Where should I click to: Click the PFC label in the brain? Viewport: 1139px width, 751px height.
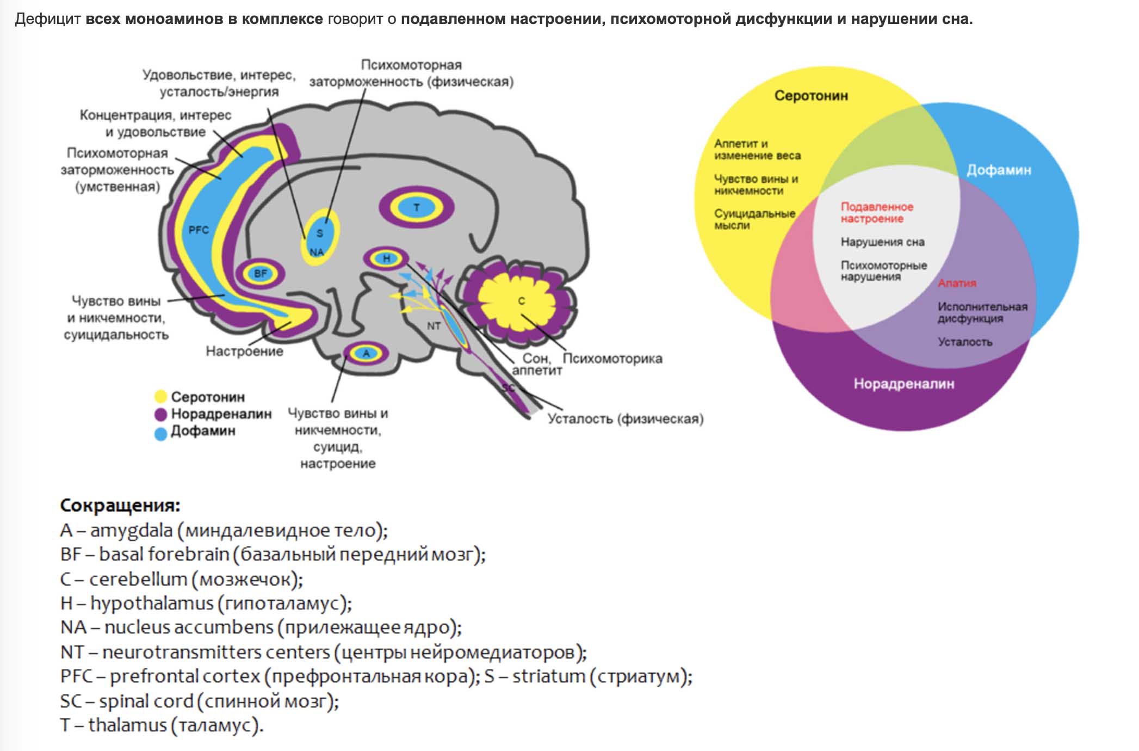coord(199,230)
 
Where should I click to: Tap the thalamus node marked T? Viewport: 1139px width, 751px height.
coord(417,207)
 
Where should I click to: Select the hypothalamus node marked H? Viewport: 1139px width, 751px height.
coord(387,258)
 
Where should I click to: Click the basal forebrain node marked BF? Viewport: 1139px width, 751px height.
coord(261,273)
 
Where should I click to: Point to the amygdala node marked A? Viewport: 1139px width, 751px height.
coord(366,354)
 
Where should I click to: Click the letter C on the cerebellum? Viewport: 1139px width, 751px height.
coord(522,301)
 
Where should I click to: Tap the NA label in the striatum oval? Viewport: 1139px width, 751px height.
coord(317,253)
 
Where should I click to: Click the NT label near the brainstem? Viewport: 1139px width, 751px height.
coord(434,326)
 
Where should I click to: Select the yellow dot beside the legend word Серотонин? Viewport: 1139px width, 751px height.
coord(160,397)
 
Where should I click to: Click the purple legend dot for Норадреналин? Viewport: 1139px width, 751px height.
coord(160,415)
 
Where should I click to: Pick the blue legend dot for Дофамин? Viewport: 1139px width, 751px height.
coord(160,434)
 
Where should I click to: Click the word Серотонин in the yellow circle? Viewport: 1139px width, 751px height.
coord(811,96)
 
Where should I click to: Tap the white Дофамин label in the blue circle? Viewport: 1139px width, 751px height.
coord(999,170)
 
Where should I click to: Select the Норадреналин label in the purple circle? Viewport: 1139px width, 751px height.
coord(903,384)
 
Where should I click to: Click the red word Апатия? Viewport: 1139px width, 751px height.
coord(957,284)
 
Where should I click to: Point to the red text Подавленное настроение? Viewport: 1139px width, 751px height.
coord(877,213)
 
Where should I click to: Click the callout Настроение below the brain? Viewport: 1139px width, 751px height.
coord(244,352)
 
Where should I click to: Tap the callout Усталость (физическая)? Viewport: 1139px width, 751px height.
coord(626,419)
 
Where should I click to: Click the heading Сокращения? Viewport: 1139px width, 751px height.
coord(120,506)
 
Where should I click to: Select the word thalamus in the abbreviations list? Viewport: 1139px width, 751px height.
coord(127,725)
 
